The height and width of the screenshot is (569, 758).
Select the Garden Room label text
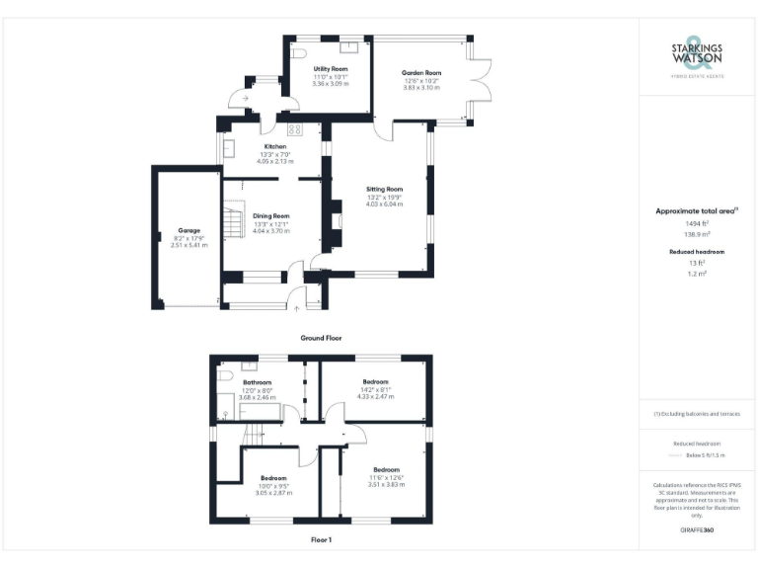pos(420,73)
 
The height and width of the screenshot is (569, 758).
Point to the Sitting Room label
pos(384,189)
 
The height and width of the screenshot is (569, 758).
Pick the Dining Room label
pos(270,215)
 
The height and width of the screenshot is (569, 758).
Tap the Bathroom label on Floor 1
pos(258,382)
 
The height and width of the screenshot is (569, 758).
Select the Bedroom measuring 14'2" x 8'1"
pos(375,381)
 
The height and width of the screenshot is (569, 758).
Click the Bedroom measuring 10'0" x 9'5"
pos(273,478)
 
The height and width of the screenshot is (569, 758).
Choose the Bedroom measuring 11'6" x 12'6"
pos(386,469)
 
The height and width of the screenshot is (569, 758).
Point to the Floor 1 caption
pos(321,540)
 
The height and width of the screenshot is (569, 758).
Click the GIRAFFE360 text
pos(697,530)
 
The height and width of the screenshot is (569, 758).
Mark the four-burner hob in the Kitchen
pos(294,129)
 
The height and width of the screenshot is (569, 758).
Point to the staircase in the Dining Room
pos(233,223)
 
